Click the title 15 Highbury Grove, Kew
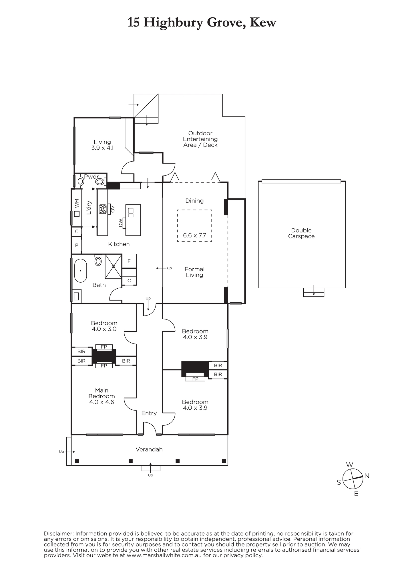point(202,23)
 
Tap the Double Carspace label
point(301,233)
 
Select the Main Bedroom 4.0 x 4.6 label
point(102,396)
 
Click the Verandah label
point(149,449)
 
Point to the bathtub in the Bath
point(81,271)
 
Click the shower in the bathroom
point(114,266)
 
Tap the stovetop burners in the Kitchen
point(103,209)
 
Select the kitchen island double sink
point(130,212)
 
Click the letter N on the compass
point(367,476)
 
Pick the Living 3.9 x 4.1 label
point(102,145)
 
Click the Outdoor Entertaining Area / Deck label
point(200,139)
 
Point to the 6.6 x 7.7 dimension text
point(194,236)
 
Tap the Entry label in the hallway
point(149,413)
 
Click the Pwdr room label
point(91,177)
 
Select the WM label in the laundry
point(77,204)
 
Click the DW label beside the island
point(121,223)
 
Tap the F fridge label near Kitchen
point(129,261)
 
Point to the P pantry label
point(77,245)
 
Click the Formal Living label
point(194,272)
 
